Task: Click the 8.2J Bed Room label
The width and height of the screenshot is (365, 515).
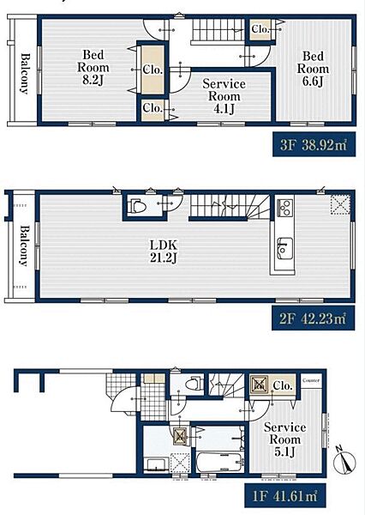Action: point(93,67)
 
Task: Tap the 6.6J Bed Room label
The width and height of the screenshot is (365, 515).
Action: point(313,69)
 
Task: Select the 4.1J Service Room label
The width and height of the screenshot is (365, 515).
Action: point(224,96)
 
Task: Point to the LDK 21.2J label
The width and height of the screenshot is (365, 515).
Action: point(164,251)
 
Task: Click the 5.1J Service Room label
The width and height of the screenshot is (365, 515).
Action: point(285,439)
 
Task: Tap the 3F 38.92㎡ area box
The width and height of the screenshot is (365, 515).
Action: point(314,144)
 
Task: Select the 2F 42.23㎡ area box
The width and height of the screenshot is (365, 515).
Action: point(314,318)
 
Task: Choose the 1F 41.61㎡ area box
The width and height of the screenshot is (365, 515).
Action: point(285,495)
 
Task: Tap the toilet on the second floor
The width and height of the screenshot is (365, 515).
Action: point(138,206)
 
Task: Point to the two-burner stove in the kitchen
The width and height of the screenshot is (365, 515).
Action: point(284,207)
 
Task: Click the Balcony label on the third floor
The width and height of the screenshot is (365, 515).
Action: point(25,74)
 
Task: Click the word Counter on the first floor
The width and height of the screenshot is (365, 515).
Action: point(310,380)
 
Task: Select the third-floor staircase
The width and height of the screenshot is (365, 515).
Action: point(218,29)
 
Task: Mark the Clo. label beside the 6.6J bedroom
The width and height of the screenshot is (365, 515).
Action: point(260,29)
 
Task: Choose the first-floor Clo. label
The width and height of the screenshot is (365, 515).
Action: point(283,385)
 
